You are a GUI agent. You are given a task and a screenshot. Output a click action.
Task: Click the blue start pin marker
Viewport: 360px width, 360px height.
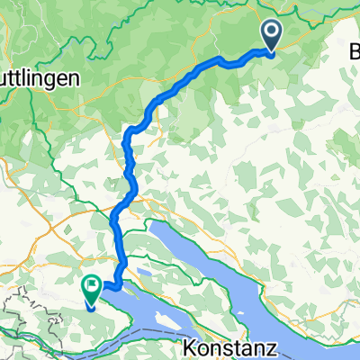coord(272,35)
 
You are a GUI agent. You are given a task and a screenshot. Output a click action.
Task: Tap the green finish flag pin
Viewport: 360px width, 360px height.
coord(91,287)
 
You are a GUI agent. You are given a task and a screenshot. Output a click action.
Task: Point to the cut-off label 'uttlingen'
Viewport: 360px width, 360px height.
coord(40,78)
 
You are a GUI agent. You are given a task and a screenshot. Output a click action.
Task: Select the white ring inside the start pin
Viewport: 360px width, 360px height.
coord(272,32)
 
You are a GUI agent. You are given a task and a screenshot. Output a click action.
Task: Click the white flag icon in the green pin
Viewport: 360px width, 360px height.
coord(91,285)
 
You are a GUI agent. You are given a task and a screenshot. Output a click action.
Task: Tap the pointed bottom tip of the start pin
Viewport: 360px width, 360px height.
coord(272,49)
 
